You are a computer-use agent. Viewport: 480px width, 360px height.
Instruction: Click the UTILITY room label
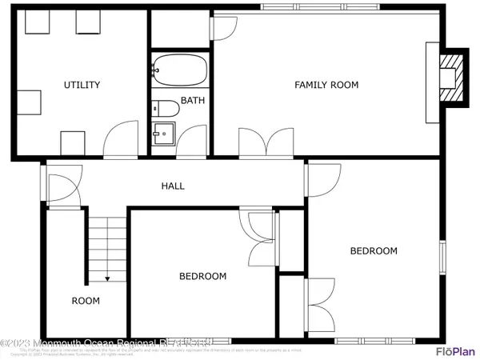click(82, 84)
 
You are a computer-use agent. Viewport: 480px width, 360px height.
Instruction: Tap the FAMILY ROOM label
click(326, 84)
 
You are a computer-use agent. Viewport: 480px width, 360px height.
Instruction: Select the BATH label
click(192, 100)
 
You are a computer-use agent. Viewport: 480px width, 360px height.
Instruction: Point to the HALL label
click(173, 186)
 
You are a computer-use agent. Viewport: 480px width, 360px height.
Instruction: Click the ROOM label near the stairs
click(86, 301)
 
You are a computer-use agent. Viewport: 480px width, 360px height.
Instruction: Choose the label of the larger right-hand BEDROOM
click(374, 250)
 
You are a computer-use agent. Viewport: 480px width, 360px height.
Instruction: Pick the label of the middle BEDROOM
click(202, 276)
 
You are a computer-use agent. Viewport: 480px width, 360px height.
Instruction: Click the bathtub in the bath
click(180, 70)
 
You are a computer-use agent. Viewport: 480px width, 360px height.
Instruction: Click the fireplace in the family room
click(452, 78)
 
